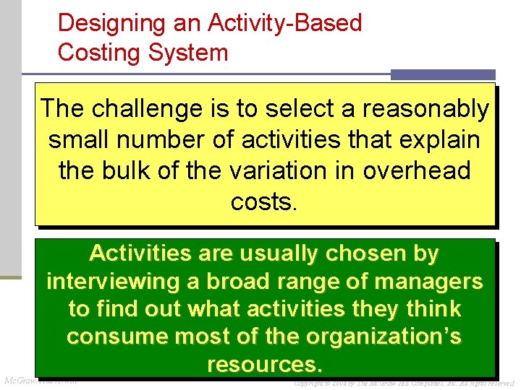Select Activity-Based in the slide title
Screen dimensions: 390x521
(284, 24)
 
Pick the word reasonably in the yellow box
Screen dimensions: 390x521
(425, 109)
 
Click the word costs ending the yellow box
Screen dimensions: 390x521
(262, 202)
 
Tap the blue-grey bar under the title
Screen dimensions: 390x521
(442, 74)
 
